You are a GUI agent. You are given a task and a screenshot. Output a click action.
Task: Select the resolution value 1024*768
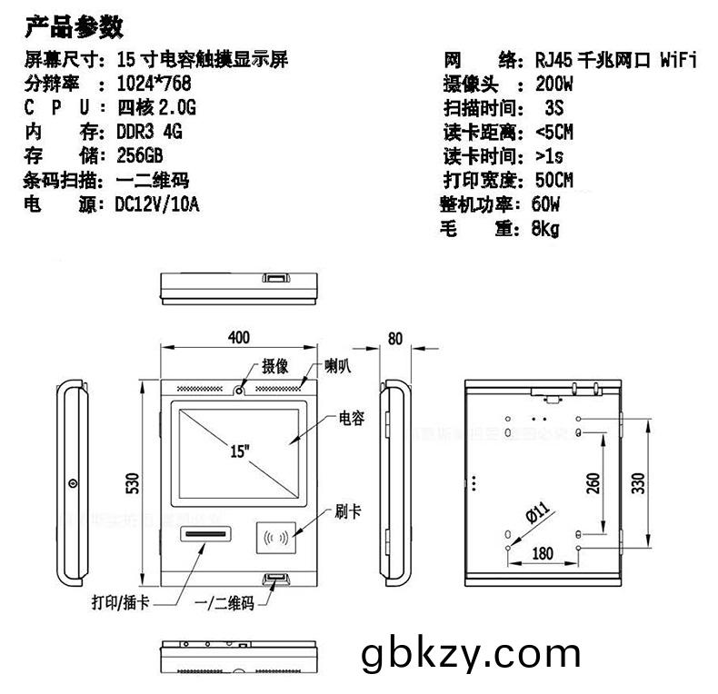pos(156,84)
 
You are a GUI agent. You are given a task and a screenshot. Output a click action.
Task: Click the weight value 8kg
pos(544,229)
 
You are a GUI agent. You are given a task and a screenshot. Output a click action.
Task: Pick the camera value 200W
pos(553,85)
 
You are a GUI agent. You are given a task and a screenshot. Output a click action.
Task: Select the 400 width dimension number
pos(238,338)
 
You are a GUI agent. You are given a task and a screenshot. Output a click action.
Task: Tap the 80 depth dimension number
pos(395,339)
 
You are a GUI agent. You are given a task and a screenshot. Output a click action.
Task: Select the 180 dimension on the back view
pos(543,553)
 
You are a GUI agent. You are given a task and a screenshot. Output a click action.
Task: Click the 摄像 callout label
pos(275,366)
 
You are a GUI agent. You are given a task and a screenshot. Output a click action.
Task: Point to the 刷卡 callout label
pos(348,511)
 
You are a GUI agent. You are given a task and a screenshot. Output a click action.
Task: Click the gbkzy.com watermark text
pos(470,653)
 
